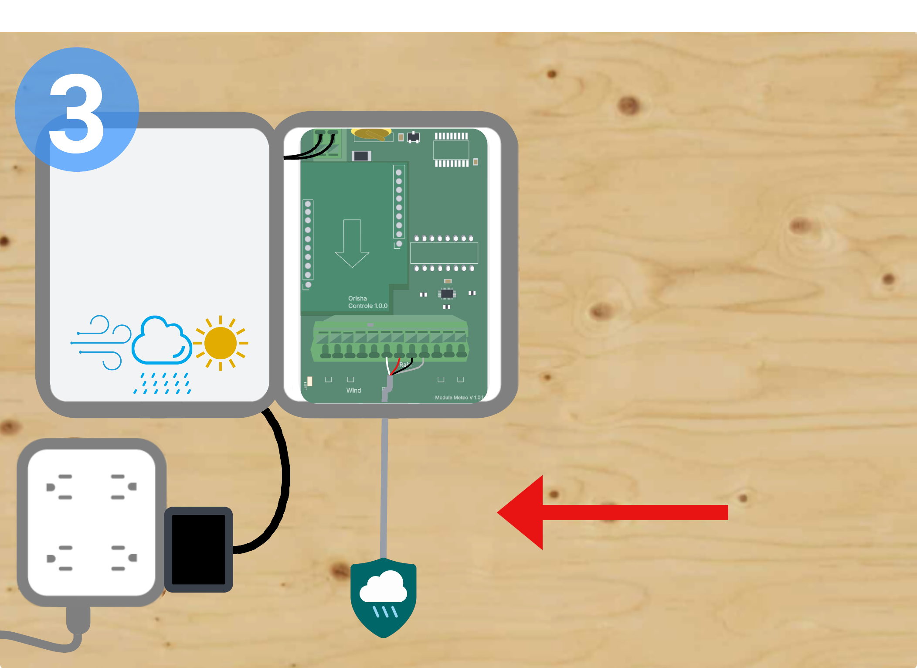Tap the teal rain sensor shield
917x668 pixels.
[x=384, y=597]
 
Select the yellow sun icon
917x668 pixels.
[x=221, y=343]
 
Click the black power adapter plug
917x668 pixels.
[x=198, y=549]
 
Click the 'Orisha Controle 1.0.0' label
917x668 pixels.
[x=367, y=302]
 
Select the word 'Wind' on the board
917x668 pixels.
[x=353, y=390]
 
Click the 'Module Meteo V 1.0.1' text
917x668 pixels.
[x=458, y=398]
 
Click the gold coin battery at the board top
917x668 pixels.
[x=371, y=133]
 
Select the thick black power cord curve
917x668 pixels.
[x=281, y=480]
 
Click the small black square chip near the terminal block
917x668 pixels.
[x=447, y=294]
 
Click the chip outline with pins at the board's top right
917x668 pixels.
[x=451, y=150]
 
